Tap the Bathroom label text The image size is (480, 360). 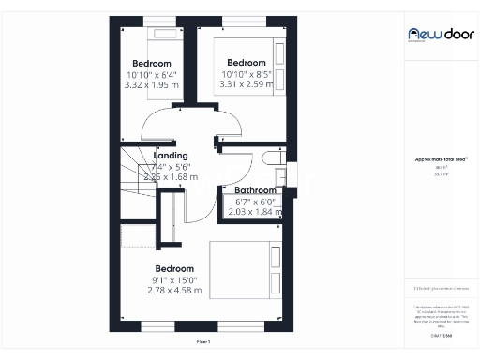coord(254,190)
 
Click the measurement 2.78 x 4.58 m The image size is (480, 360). coord(174,290)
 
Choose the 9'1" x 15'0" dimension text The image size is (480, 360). coord(174,279)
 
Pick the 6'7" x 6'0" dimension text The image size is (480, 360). coord(254,201)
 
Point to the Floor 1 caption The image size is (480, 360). coord(202,342)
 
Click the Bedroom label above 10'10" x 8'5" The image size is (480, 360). coord(246,63)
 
